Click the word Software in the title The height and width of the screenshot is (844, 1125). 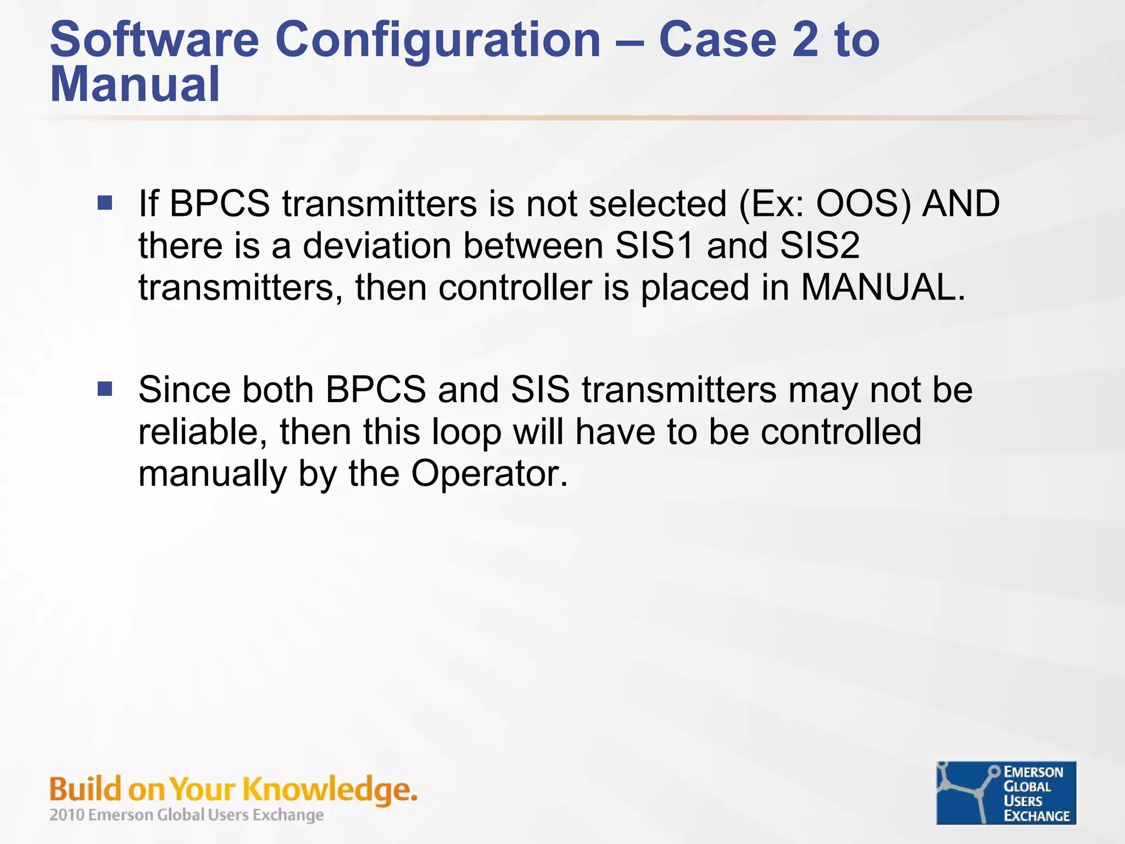[x=154, y=40]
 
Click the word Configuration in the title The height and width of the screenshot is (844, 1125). [x=437, y=40]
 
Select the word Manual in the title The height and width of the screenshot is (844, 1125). [x=135, y=85]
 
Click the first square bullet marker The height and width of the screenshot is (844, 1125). [x=105, y=203]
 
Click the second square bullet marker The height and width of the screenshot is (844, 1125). [x=105, y=389]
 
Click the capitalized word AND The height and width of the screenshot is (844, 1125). [x=961, y=203]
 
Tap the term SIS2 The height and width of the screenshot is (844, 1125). [x=819, y=246]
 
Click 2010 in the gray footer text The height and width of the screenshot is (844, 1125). [x=66, y=815]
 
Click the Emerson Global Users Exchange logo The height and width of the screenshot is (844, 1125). [x=1006, y=793]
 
